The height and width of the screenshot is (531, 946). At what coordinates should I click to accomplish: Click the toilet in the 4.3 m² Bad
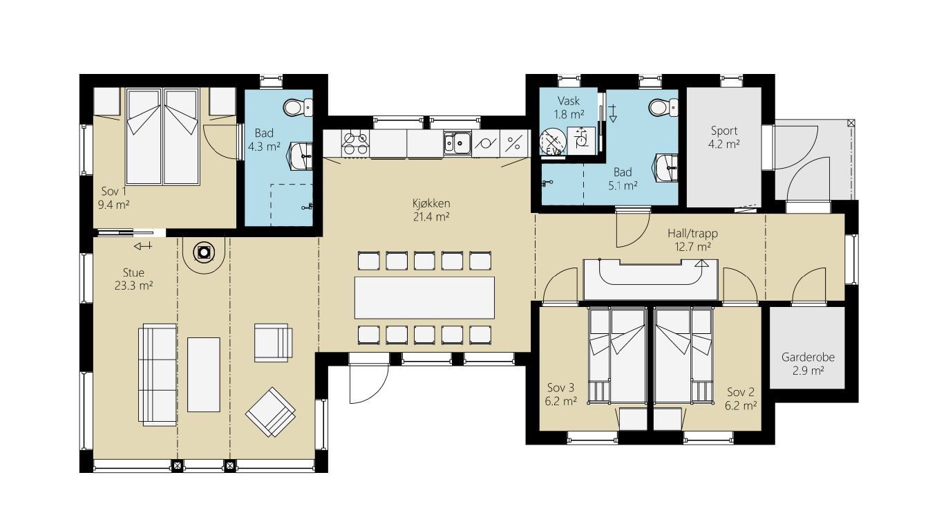(x=298, y=108)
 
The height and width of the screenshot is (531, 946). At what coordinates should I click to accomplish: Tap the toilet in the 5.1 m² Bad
(x=663, y=108)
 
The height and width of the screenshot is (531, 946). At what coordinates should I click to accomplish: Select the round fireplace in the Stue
(x=204, y=252)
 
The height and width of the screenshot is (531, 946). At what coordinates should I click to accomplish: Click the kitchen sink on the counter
(x=457, y=143)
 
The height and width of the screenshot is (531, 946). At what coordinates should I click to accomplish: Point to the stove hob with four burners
(x=355, y=143)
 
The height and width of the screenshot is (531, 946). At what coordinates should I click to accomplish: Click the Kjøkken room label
(x=431, y=203)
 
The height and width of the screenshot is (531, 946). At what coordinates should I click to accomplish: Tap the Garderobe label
(x=808, y=357)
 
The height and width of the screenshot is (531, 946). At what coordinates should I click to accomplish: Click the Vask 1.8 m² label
(x=569, y=107)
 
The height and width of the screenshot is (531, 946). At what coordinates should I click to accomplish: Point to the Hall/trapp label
(x=692, y=233)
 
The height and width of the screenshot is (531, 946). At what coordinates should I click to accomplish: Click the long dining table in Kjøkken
(x=424, y=297)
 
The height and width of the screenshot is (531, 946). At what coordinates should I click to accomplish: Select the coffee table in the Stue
(x=204, y=374)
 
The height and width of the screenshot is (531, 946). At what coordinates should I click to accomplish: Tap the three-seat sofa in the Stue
(x=158, y=375)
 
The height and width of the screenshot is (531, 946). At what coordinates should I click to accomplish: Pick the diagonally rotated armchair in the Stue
(x=271, y=412)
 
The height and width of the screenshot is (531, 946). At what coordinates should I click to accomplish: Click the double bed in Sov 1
(x=162, y=136)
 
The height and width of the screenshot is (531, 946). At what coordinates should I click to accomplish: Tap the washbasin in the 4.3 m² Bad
(x=301, y=156)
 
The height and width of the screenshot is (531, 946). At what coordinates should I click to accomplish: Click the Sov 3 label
(x=561, y=387)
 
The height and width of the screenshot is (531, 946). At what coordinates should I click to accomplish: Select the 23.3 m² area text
(x=133, y=286)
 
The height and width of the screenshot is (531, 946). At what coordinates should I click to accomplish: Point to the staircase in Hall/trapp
(x=651, y=279)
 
